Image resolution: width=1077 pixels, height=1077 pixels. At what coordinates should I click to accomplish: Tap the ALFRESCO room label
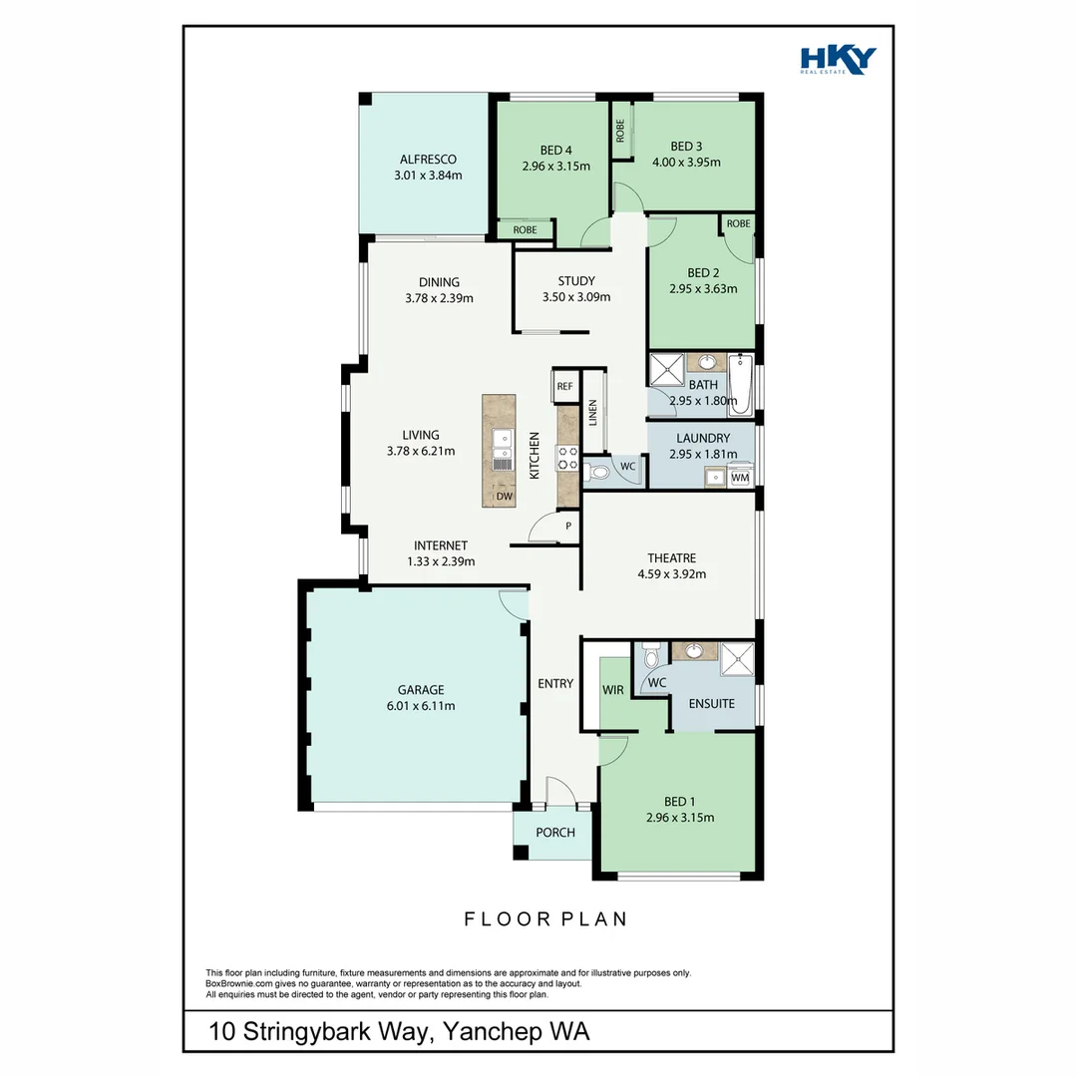[x=428, y=160]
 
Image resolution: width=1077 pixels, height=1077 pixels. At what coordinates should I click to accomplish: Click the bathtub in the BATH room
[x=741, y=384]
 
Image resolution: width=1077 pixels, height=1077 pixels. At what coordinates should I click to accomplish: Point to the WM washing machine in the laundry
[x=739, y=479]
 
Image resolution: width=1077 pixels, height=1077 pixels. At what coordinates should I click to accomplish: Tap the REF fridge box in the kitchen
[x=564, y=386]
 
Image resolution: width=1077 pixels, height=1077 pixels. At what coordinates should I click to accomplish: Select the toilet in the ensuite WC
[x=651, y=656]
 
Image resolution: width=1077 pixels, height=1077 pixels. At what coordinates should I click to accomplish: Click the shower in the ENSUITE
[x=738, y=656]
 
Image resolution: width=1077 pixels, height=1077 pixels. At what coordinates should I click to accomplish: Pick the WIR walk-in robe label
[x=611, y=690]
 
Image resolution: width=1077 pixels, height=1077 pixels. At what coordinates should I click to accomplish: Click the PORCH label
[x=554, y=833]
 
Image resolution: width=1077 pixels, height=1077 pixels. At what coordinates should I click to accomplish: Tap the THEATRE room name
[x=671, y=558]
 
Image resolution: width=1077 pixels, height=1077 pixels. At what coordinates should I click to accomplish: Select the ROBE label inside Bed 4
[x=525, y=230]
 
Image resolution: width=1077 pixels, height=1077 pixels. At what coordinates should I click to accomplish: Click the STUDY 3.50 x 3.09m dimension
[x=575, y=297]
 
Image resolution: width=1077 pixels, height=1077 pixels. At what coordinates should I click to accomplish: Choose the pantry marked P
[x=568, y=527]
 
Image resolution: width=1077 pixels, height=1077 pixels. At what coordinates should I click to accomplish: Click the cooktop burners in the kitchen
[x=567, y=457]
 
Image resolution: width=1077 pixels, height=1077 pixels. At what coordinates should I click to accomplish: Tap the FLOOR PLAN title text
[x=545, y=918]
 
